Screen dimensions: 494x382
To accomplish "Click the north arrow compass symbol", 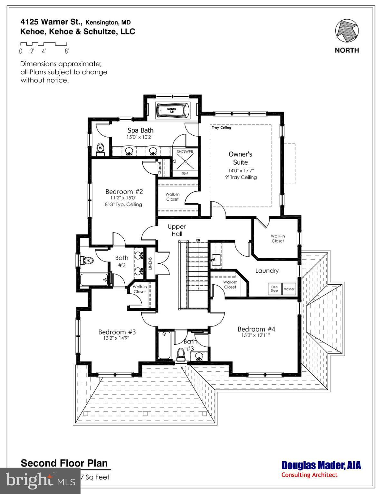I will [347, 31].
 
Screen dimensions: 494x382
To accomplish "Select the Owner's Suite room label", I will [240, 158].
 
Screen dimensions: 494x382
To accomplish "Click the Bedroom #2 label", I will [124, 192].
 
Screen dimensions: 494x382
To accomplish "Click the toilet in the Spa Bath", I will [101, 149].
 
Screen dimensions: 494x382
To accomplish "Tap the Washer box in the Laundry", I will [289, 289].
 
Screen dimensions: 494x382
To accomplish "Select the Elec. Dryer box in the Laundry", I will [275, 289].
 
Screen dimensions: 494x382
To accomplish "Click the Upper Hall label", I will [177, 230].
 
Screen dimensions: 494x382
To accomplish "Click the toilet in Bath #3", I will [181, 354].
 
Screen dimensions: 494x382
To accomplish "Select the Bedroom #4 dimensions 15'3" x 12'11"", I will [256, 335].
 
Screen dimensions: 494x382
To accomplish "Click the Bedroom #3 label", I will [117, 332].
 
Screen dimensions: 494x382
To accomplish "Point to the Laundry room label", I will [267, 271].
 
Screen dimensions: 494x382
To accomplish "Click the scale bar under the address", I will [43, 44].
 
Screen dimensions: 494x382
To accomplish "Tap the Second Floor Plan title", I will [64, 463].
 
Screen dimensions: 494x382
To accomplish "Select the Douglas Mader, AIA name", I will [321, 465].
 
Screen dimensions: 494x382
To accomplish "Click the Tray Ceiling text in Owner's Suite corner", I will [221, 128].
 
